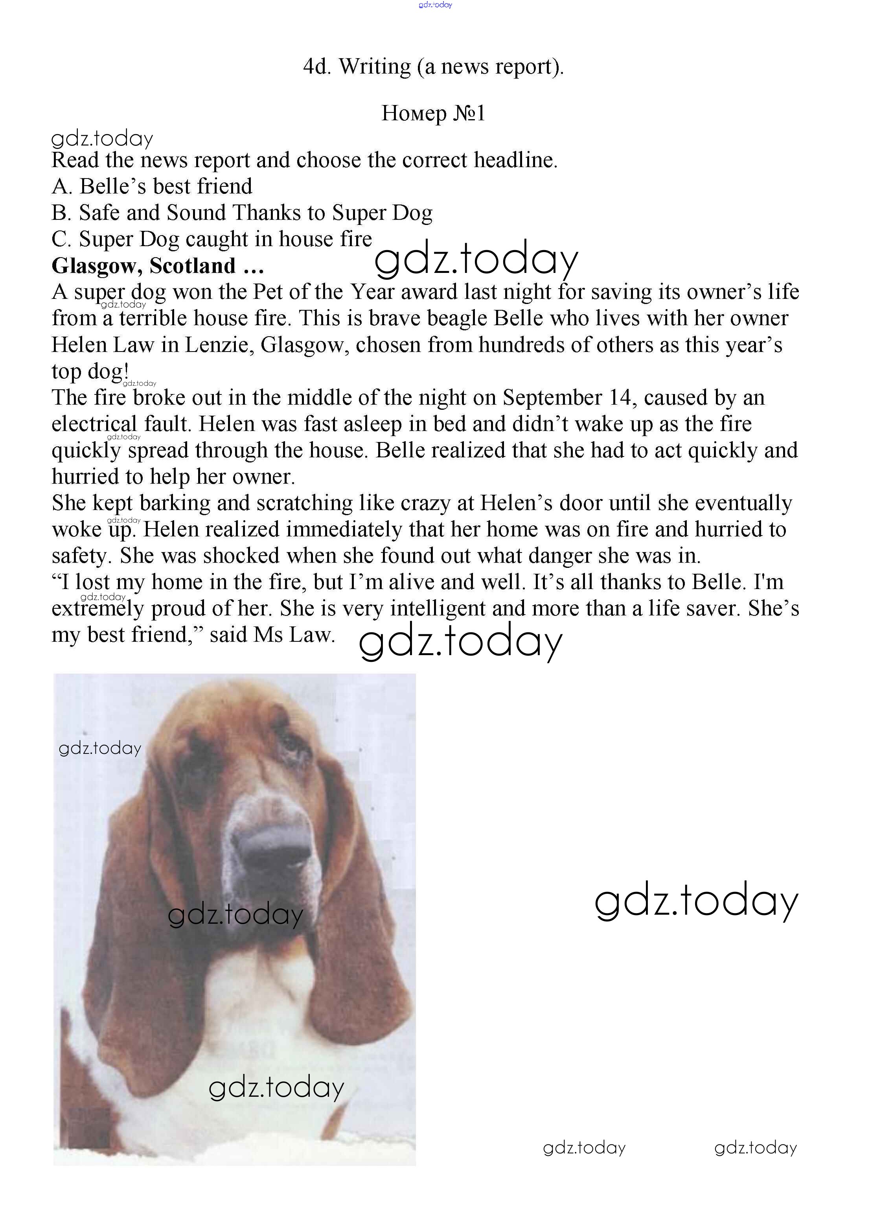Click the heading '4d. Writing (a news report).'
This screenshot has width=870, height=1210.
[433, 67]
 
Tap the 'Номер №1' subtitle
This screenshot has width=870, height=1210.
[433, 113]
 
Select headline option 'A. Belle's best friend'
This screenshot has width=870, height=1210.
[152, 186]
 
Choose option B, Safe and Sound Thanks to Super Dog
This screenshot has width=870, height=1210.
[242, 213]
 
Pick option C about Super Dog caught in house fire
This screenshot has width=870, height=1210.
[212, 239]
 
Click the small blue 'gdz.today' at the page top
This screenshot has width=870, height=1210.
[435, 5]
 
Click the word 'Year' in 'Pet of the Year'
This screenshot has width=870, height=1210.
[372, 292]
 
